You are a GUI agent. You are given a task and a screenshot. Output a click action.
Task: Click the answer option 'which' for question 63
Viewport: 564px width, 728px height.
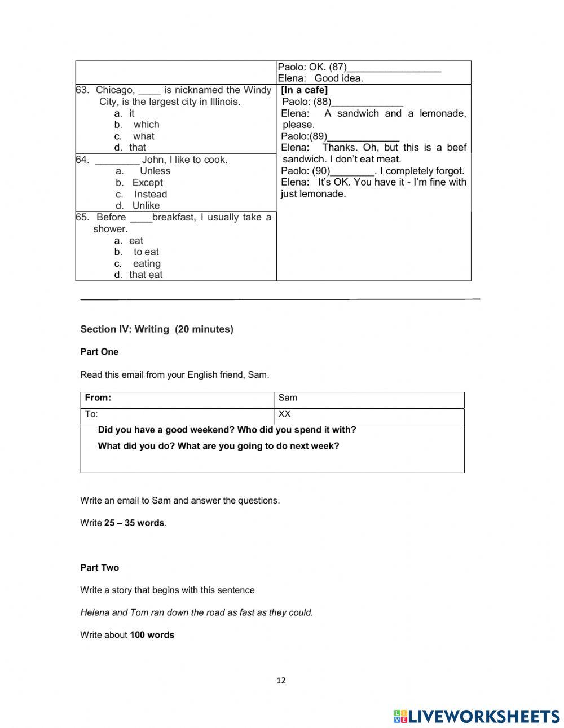146,125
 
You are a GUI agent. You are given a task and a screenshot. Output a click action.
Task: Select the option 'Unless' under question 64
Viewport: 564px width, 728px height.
155,171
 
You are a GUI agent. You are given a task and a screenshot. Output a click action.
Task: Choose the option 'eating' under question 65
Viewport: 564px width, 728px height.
147,263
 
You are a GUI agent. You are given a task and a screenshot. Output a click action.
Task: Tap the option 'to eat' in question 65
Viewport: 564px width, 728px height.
146,252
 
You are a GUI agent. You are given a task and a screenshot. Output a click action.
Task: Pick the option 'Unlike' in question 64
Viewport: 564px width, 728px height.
146,206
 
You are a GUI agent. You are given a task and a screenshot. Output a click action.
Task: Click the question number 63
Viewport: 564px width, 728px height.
82,90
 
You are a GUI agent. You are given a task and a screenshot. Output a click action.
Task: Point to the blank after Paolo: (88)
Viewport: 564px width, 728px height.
367,103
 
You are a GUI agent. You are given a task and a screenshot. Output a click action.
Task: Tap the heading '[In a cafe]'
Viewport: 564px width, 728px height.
304,90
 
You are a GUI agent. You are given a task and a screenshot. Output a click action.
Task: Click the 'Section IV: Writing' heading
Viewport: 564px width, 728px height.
156,329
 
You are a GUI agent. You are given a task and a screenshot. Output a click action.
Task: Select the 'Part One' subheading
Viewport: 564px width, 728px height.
99,352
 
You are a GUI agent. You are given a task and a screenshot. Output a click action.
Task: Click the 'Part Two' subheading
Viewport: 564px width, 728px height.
99,568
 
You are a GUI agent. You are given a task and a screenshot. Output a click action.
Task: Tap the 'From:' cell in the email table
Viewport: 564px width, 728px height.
98,398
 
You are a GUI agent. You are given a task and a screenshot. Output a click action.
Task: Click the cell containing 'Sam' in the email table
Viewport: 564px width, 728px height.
288,398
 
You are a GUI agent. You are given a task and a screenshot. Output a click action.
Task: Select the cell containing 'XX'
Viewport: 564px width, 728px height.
284,414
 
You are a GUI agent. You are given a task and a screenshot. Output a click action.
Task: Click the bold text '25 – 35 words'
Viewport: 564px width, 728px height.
134,523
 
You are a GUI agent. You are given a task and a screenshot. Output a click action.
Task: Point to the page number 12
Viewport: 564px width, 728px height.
281,681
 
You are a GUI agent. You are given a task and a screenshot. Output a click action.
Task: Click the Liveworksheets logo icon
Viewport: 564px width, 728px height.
400,716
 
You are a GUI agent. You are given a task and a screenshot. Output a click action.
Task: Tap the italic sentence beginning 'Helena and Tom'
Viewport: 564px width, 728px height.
196,612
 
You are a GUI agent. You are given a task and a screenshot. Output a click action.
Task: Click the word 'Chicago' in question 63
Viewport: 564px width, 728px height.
115,90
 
